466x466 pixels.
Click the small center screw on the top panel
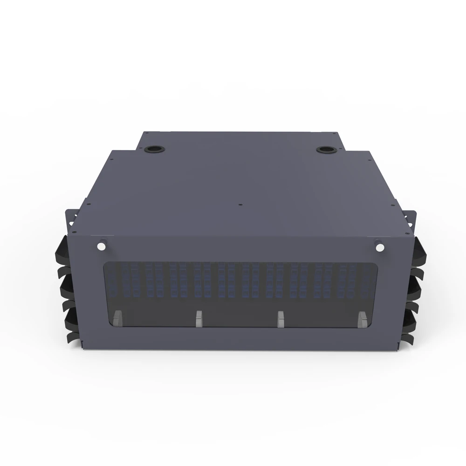[x=239, y=204]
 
